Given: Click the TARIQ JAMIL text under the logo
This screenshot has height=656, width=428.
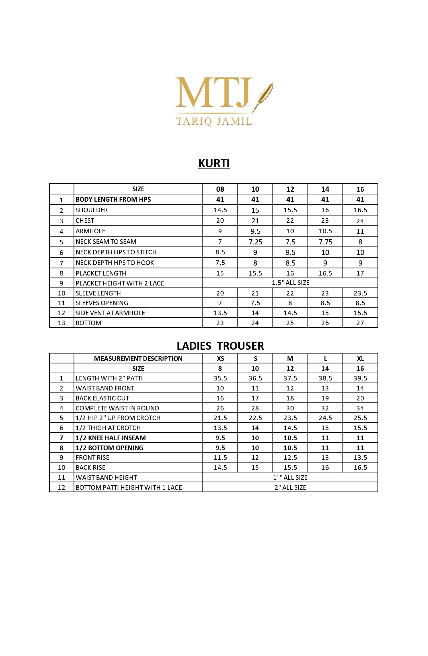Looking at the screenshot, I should (214, 121).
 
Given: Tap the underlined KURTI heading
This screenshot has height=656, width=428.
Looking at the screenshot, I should (214, 163).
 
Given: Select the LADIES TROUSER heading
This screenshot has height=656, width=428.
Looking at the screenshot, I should (220, 346).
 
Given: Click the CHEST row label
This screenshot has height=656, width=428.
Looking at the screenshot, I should (85, 220).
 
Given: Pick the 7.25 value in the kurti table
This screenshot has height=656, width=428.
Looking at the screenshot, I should (255, 242).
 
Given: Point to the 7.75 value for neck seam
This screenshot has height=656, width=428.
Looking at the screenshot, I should (325, 242).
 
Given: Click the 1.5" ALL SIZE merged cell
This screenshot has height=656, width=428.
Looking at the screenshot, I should (290, 283).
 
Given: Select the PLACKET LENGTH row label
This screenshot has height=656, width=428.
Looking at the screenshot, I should (101, 273).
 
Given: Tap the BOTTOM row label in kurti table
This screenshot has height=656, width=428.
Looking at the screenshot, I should (88, 323).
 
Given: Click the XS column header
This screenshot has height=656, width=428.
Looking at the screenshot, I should (220, 359).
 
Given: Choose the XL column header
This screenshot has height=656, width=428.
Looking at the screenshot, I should (360, 359).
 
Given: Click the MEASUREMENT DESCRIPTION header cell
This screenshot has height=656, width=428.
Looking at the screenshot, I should (138, 359).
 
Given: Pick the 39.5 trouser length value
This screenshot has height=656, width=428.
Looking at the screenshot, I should (360, 378).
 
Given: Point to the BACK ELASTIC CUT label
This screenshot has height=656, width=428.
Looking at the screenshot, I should (102, 398).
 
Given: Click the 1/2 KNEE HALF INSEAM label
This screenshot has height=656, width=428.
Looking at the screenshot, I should (111, 438).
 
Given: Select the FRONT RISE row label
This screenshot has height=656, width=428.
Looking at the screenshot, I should (92, 457).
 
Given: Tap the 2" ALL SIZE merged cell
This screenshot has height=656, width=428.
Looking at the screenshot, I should (290, 487).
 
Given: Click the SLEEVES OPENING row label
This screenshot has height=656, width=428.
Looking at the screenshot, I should (102, 303).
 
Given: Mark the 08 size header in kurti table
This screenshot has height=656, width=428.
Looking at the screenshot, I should (220, 189).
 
